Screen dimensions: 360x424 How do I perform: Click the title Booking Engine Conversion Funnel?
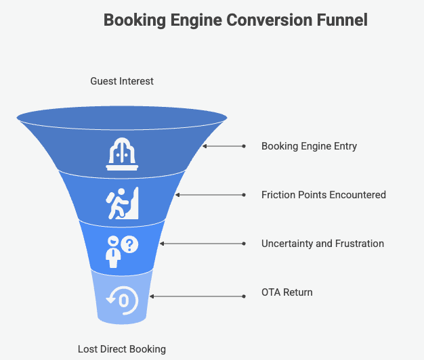point(235,20)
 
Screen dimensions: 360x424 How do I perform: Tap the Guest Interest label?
point(122,81)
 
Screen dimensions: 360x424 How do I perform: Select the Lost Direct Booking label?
point(122,349)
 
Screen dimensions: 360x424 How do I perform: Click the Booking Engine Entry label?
point(309,146)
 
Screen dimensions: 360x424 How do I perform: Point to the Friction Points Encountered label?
point(324,195)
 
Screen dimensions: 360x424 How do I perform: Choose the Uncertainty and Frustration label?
point(322,244)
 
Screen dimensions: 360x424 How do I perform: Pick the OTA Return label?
point(287,292)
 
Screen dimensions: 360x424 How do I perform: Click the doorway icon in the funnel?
point(123,153)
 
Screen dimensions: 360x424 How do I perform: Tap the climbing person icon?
point(123,203)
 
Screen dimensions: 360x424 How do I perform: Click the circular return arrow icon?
point(123,299)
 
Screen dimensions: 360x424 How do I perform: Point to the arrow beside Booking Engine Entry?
point(224,146)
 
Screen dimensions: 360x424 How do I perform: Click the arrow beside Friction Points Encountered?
point(210,195)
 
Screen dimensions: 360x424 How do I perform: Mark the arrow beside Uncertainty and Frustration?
point(201,244)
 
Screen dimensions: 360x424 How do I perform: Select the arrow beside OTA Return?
point(196,296)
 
